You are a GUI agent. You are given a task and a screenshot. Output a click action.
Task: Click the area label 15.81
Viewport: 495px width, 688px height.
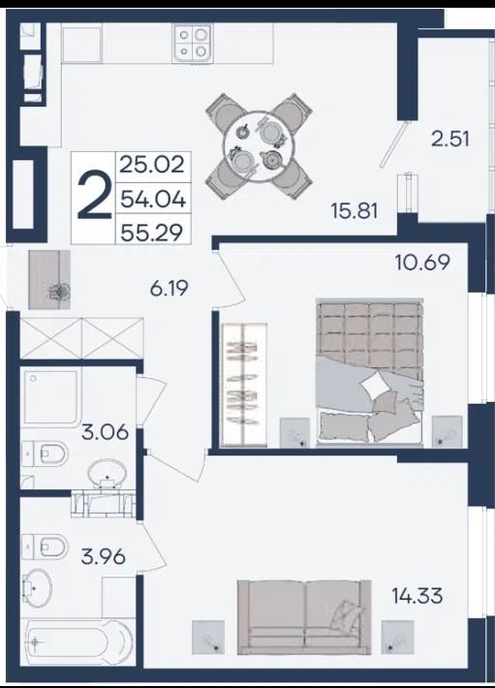[355, 211]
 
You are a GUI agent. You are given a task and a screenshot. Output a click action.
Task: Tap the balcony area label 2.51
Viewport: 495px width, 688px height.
[450, 140]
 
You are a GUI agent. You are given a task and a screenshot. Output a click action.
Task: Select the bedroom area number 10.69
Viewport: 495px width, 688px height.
[422, 263]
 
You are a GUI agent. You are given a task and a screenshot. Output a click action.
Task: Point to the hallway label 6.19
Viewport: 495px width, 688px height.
[170, 288]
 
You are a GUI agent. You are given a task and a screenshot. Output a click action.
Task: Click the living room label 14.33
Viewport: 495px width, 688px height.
[417, 596]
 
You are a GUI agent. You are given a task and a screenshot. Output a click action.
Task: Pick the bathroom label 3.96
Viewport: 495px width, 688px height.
[104, 557]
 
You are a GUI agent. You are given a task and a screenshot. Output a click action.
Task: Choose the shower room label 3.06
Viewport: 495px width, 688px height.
[106, 432]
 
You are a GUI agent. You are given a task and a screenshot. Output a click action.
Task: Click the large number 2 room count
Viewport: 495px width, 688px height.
[93, 197]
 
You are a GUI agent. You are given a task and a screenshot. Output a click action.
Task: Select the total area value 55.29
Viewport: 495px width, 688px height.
[152, 233]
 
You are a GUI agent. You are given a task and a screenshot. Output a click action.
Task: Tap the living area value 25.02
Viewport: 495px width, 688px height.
[152, 165]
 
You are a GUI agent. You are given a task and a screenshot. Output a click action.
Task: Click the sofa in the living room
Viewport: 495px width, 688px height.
[304, 617]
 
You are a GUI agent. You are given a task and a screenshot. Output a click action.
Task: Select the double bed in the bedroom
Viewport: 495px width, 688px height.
[369, 372]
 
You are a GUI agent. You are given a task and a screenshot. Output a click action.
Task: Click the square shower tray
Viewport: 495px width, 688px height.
[50, 397]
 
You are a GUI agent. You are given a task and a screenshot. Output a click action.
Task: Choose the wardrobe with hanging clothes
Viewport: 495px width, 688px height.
[244, 385]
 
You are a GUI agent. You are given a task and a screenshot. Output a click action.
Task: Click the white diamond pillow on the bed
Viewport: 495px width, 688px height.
[375, 386]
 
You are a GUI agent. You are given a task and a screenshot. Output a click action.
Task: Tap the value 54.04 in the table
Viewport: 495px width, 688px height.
[153, 200]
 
